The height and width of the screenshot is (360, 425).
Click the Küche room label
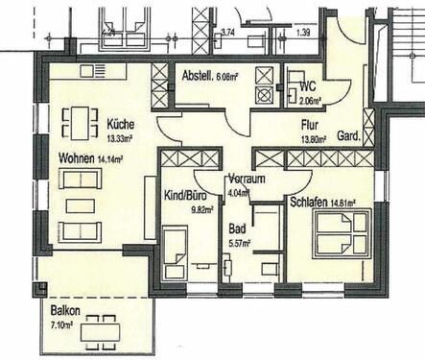point(122,124)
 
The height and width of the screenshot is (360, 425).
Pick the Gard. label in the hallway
point(350,137)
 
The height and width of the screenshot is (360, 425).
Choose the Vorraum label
point(248,180)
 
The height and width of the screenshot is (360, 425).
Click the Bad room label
point(237,228)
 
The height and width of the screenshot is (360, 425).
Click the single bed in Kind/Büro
point(177,252)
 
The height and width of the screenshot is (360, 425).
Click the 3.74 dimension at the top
point(228,32)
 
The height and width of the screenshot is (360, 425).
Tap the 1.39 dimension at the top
point(304,32)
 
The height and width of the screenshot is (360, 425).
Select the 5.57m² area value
point(240,243)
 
